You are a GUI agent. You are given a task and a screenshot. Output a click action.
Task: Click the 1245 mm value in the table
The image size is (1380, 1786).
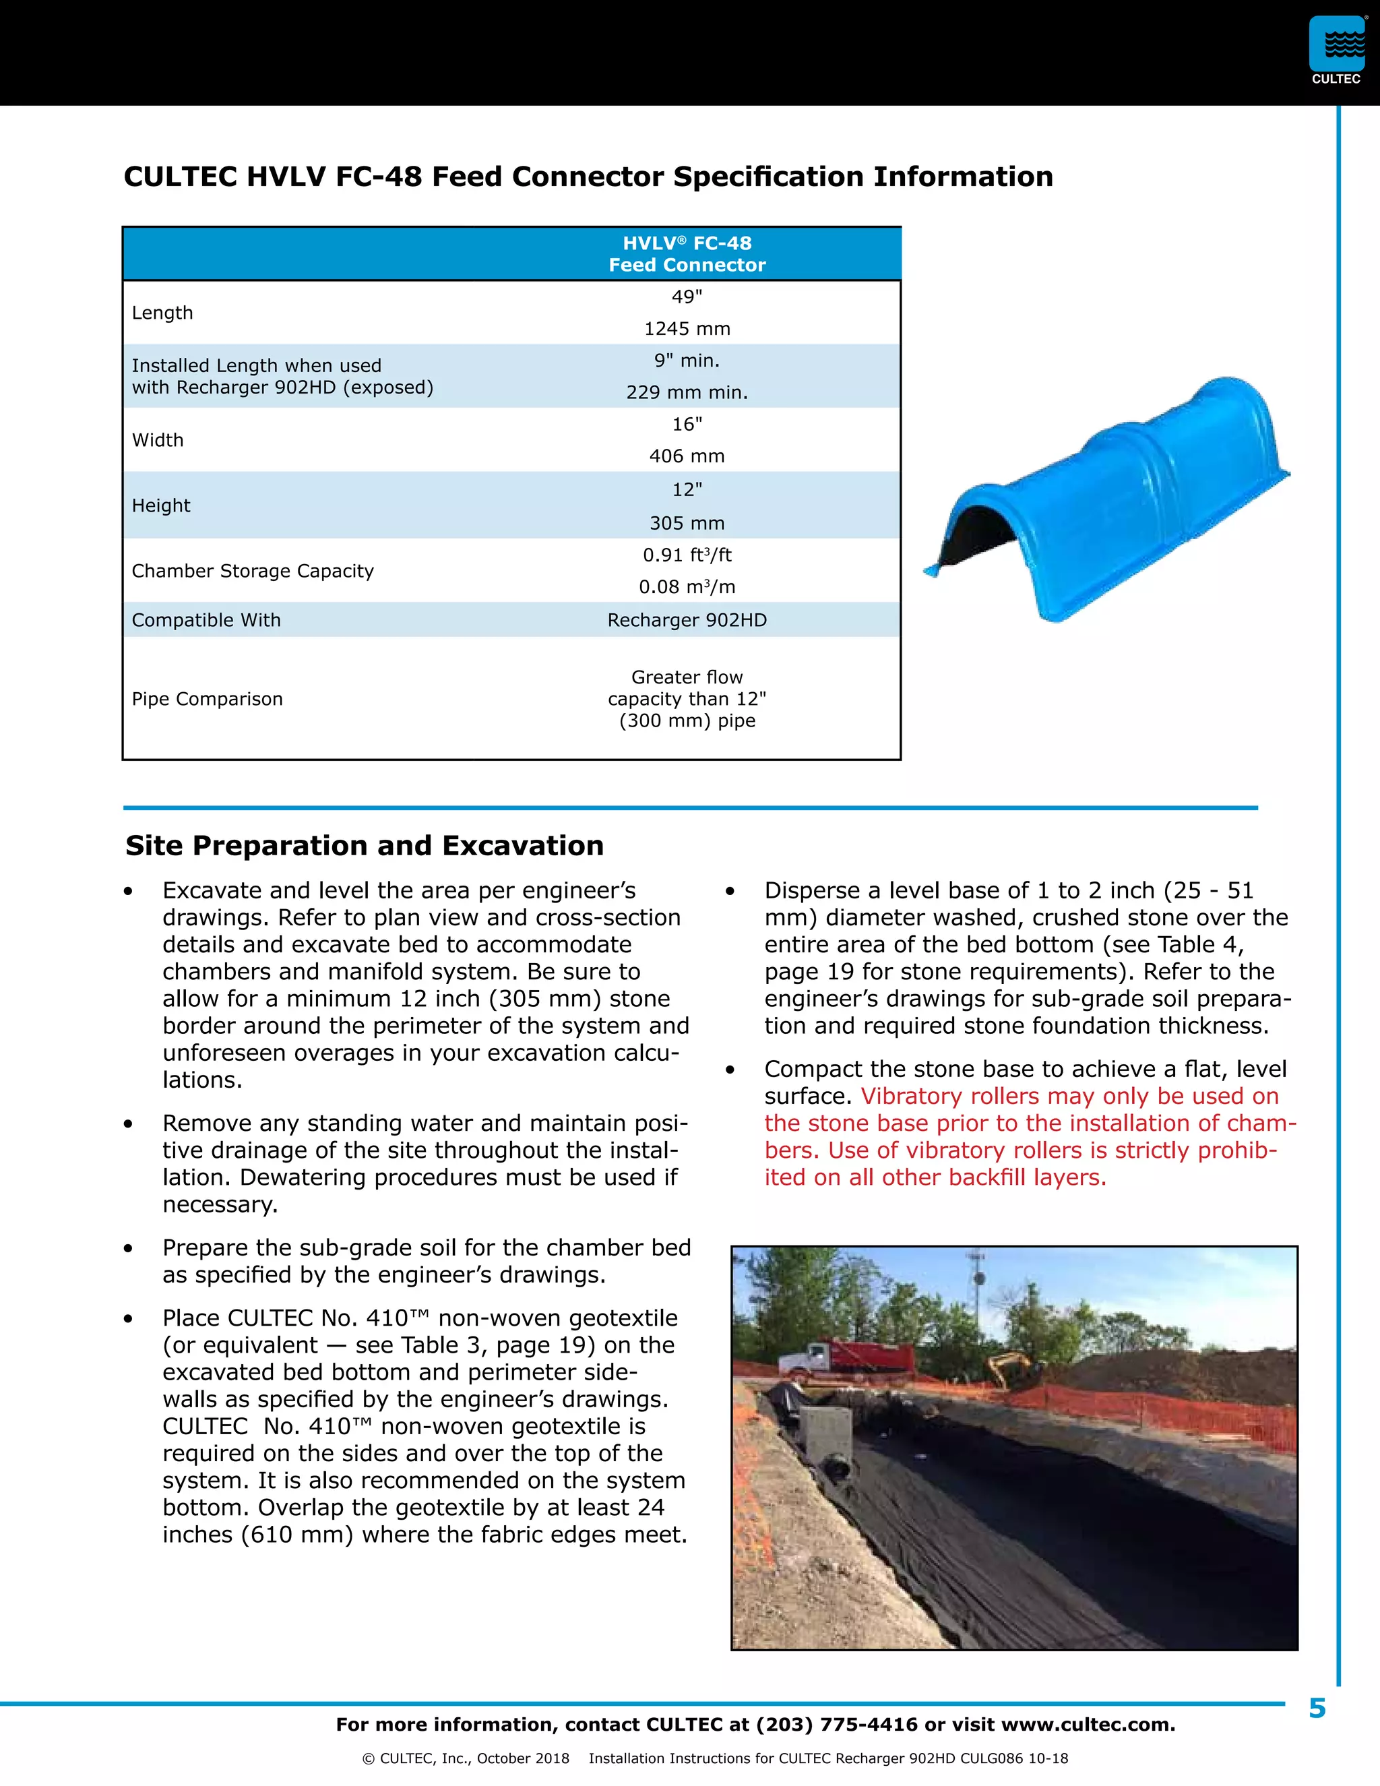(x=687, y=329)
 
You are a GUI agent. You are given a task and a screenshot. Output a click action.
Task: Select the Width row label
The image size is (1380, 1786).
(x=158, y=440)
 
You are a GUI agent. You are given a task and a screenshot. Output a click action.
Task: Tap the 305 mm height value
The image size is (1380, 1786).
(x=687, y=524)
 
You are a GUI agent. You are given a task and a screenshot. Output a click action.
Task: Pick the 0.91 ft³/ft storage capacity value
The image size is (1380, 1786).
(x=687, y=555)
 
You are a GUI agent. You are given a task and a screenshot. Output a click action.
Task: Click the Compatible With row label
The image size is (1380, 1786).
(x=206, y=620)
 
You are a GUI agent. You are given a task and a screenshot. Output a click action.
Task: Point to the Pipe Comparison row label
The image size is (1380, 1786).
(x=207, y=699)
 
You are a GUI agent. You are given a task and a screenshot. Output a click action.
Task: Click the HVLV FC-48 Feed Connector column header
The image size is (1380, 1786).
(x=687, y=254)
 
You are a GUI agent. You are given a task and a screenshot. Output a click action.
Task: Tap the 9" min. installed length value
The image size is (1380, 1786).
(x=687, y=361)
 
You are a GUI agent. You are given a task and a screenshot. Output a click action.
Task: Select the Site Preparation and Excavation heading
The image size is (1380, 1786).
(x=365, y=846)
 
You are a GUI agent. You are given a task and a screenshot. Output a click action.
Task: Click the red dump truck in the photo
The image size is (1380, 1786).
(x=850, y=1358)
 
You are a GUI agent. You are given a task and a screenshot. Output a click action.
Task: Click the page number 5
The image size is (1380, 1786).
(x=1317, y=1708)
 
